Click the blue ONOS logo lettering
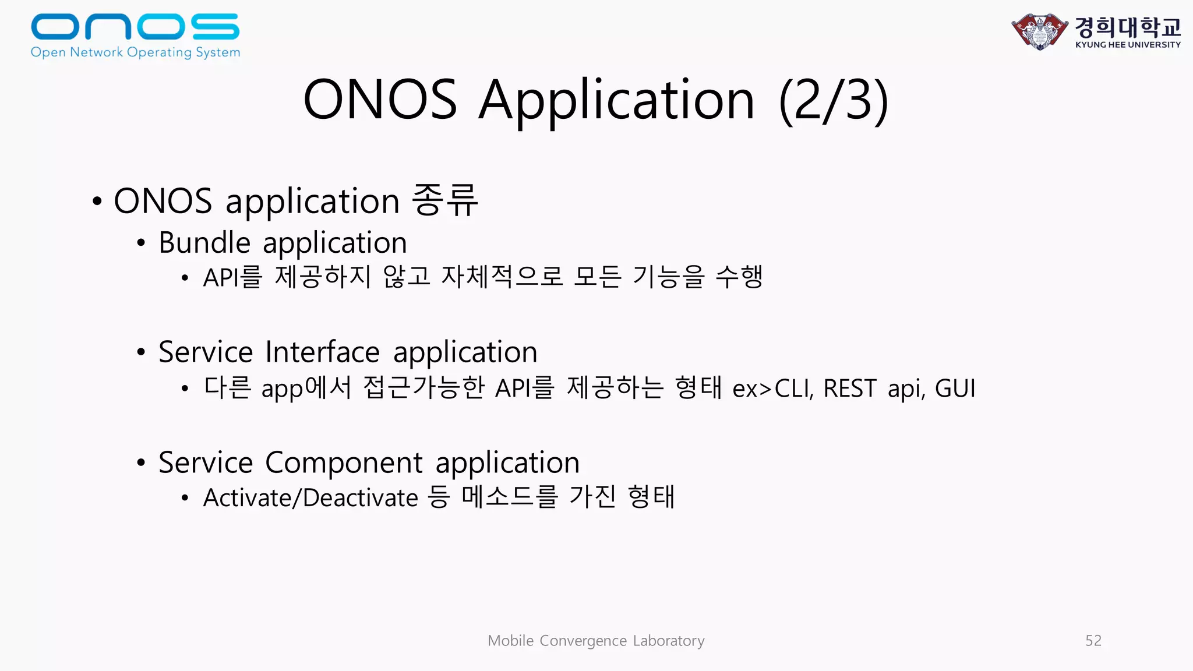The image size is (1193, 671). (x=135, y=27)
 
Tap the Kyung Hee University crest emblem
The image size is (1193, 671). (x=1040, y=31)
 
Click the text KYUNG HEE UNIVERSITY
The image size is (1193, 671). (x=1128, y=45)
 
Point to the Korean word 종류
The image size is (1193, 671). (x=445, y=200)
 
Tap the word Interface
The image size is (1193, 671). (x=322, y=352)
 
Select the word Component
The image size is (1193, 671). (x=344, y=462)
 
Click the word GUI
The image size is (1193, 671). (x=955, y=389)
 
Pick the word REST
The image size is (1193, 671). (x=849, y=389)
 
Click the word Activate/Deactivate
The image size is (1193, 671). (x=310, y=498)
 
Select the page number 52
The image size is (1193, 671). (x=1093, y=641)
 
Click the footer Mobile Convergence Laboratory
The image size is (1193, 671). (x=596, y=641)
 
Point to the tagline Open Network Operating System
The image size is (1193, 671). (x=135, y=52)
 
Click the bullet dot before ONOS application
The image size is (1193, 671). (x=97, y=202)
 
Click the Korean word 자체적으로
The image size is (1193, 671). (x=502, y=277)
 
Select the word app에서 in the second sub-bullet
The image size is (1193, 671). (x=306, y=389)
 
